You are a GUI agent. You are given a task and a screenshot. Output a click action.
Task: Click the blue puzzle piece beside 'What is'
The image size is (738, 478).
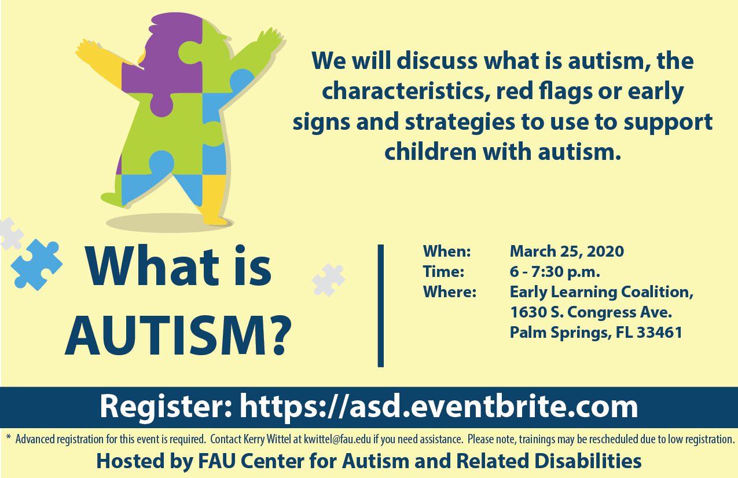point(36,265)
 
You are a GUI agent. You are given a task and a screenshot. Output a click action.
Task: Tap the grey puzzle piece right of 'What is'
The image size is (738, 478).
point(328,280)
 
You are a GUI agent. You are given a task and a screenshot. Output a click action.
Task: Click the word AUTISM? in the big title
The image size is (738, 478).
point(178,335)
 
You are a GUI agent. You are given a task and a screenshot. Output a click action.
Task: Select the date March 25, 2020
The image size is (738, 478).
point(567,251)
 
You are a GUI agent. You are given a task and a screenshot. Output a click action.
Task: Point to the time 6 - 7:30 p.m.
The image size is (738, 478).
point(555,272)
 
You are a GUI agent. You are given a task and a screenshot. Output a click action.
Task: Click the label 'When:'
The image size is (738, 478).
point(447,251)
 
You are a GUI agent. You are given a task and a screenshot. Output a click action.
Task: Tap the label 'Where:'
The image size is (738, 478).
point(450,292)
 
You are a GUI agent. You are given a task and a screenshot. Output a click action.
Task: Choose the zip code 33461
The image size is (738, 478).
point(659,333)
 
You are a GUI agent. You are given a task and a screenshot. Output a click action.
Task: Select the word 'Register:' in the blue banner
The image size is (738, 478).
point(166,407)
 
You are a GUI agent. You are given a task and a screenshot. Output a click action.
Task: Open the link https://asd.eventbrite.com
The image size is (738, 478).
point(439,407)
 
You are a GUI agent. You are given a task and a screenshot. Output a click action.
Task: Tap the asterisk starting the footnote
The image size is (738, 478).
point(9,438)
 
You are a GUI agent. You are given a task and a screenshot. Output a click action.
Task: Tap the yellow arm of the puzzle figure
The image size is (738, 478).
point(99,59)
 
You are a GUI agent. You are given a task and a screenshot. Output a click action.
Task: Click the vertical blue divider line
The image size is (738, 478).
point(381,305)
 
